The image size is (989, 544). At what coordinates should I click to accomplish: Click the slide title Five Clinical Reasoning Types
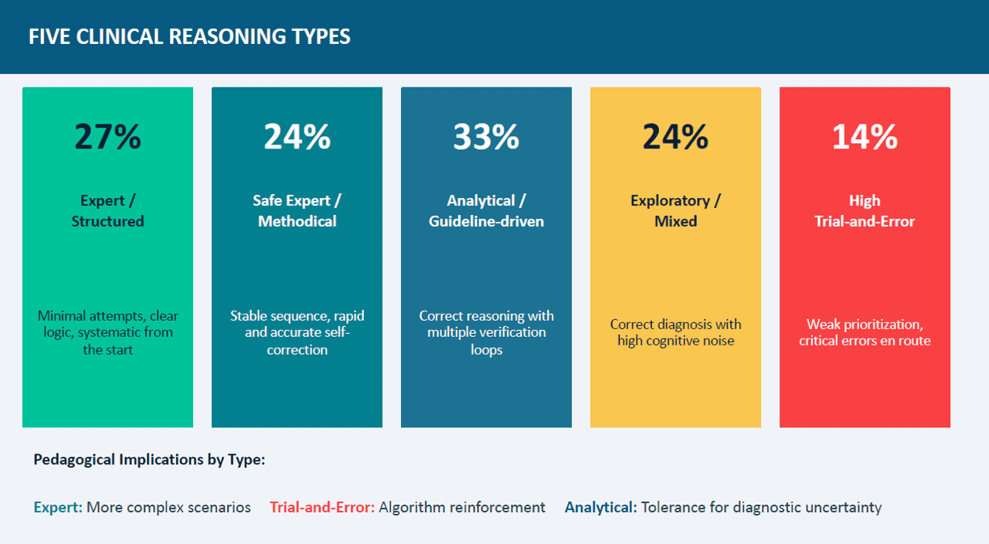(189, 36)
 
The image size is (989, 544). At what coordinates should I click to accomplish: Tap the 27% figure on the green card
(107, 137)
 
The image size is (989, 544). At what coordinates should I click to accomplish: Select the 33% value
(486, 137)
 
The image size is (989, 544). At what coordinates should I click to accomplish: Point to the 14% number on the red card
(865, 137)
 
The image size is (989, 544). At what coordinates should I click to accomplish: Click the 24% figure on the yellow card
(675, 137)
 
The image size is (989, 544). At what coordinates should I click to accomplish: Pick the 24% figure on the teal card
(297, 137)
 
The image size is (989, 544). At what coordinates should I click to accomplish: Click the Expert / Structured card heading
(107, 211)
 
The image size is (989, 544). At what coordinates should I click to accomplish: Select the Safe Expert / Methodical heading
(297, 211)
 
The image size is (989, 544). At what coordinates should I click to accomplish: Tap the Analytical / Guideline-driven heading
(486, 211)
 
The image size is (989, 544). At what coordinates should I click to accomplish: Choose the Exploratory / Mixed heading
(675, 211)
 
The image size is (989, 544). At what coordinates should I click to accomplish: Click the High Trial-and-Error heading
(865, 211)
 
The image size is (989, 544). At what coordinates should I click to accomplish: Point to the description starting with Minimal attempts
(107, 332)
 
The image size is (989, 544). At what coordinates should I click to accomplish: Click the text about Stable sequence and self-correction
(297, 332)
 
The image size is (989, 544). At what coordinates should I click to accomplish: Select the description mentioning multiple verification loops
(486, 332)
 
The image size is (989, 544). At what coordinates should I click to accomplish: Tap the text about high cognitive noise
(675, 332)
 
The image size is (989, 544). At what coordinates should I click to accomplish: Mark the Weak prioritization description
(865, 332)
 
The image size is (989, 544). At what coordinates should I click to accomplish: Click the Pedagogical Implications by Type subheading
(149, 460)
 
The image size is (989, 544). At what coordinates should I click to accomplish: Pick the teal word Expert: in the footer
(58, 508)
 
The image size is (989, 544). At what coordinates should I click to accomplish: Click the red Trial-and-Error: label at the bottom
(322, 508)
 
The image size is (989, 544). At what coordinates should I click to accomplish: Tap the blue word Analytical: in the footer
(601, 508)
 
